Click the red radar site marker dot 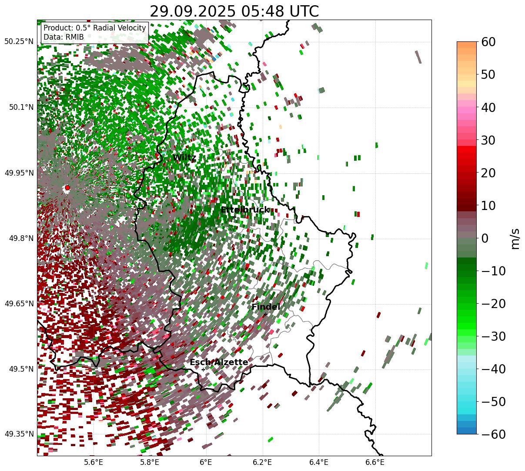click(67, 188)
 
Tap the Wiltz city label click(184, 158)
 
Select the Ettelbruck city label click(245, 210)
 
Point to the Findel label click(265, 307)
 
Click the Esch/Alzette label click(219, 363)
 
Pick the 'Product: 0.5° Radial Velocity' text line click(95, 28)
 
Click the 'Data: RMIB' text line click(64, 37)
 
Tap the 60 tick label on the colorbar click(488, 42)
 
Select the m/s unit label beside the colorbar click(515, 238)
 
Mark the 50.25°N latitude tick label click(19, 42)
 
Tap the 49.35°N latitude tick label click(19, 434)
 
